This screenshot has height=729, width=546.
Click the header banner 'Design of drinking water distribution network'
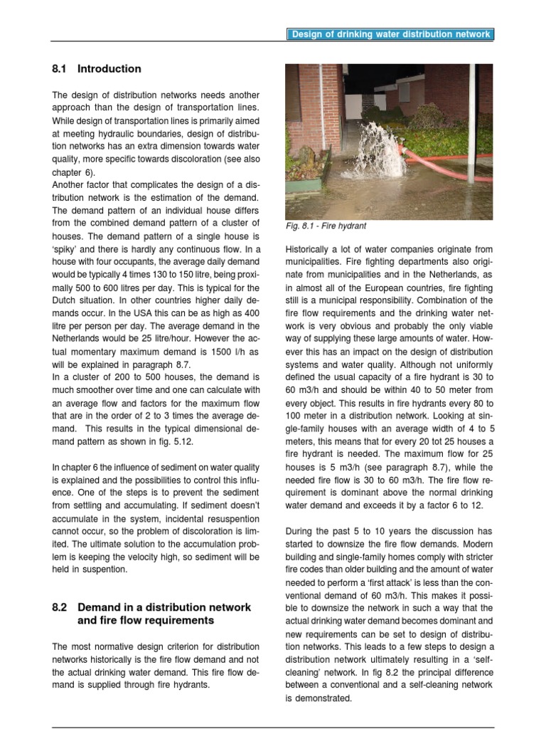tap(390, 34)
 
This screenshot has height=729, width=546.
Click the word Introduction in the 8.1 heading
tap(109, 69)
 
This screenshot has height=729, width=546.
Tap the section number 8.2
tap(60, 607)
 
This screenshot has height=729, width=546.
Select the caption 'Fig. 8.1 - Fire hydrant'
tap(326, 226)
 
